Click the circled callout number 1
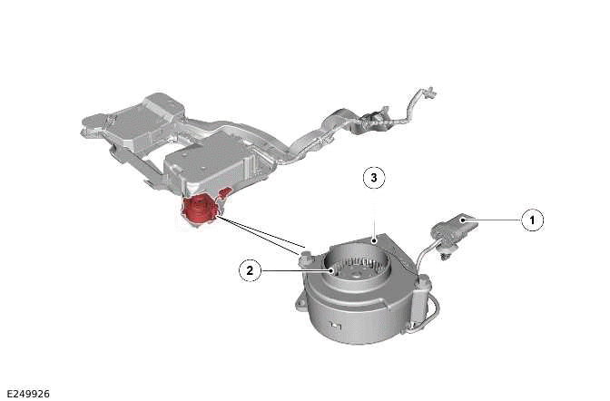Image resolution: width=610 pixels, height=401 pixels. (x=532, y=219)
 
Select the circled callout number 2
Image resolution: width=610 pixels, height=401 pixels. (x=251, y=269)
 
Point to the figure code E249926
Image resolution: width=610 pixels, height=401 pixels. (x=28, y=394)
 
